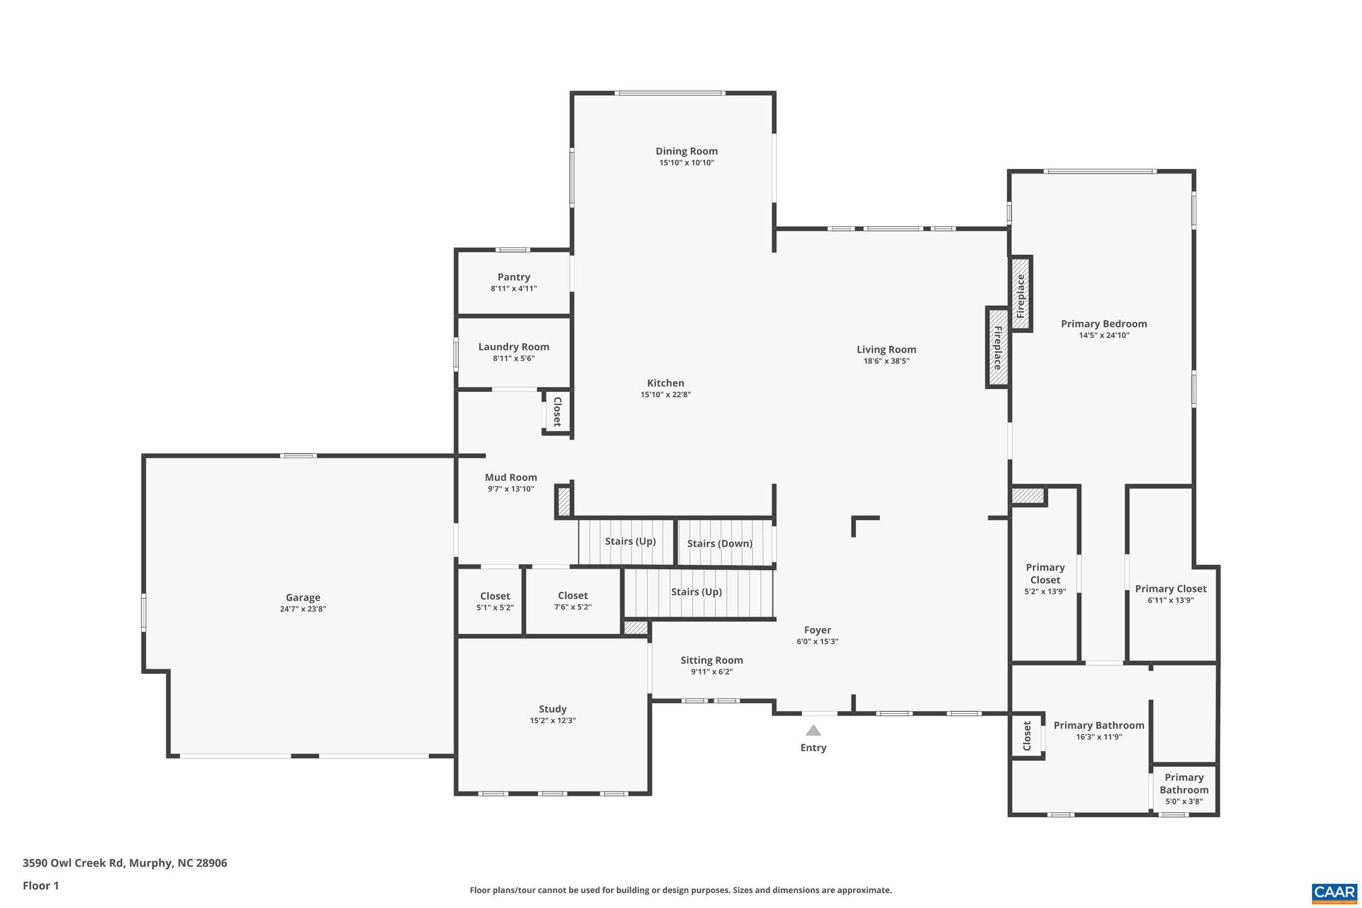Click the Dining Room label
[686, 151]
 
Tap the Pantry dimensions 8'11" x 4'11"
[513, 289]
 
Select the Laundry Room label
[513, 347]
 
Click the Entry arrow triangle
[813, 730]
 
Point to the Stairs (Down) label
[720, 543]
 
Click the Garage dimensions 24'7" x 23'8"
[303, 609]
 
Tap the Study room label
[553, 709]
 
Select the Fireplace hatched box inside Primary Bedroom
[1020, 293]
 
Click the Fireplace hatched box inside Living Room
[997, 347]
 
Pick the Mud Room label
[511, 478]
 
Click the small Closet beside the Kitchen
[557, 412]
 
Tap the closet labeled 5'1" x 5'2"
[495, 601]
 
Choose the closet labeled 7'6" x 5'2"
[573, 601]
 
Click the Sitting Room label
[712, 661]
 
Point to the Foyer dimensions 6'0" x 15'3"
[817, 642]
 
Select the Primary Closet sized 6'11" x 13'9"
[1170, 594]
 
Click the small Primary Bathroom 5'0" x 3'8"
[1184, 789]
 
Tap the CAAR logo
[1333, 893]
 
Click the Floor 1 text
[41, 886]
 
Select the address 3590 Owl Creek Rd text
[125, 863]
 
